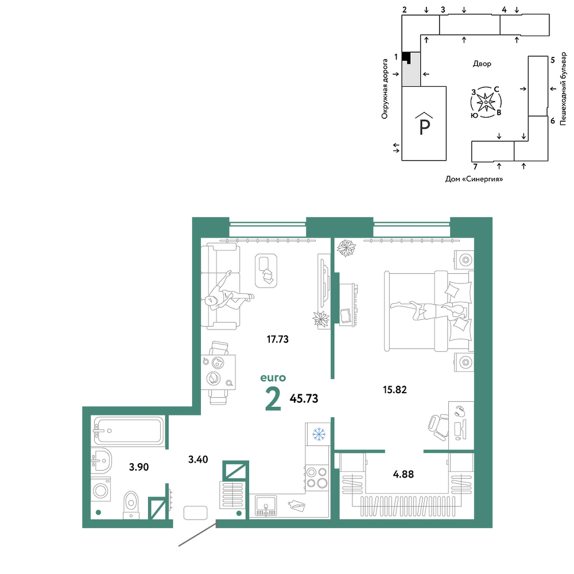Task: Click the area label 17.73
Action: pos(277,339)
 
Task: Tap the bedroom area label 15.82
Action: pos(395,390)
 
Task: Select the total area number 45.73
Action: pos(304,398)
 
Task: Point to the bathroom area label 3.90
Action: pos(139,467)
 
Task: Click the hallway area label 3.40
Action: pos(198,459)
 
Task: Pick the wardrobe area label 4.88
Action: pos(404,474)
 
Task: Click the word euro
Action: pos(273,378)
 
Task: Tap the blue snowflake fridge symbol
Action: pos(319,434)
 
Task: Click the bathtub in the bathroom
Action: pos(128,430)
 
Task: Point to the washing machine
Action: pos(100,490)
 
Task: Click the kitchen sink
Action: pos(266,506)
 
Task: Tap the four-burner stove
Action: pos(317,478)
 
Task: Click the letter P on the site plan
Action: pos(424,126)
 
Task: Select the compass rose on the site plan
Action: pos(486,103)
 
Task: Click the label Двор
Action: pos(482,64)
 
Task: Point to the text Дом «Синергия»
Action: pos(474,179)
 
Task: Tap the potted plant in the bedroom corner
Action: pos(346,248)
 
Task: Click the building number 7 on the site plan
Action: pos(475,167)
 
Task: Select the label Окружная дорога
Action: pos(385,89)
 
